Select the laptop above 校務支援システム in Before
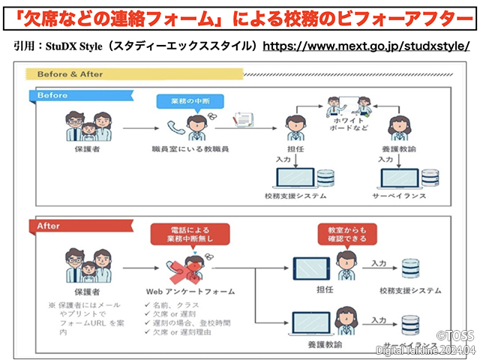tap(295, 178)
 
